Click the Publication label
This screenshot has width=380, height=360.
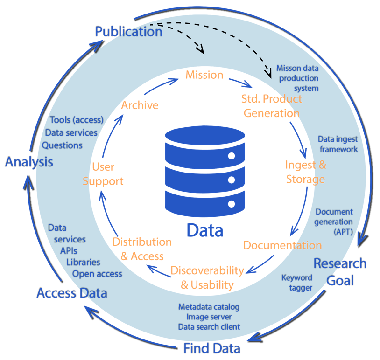click(128, 32)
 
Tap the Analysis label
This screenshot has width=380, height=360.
click(29, 162)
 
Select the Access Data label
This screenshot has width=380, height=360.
click(72, 293)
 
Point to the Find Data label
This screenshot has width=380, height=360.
click(211, 348)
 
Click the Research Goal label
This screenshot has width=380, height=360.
click(340, 272)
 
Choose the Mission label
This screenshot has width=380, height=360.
click(204, 75)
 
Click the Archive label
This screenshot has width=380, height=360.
click(140, 105)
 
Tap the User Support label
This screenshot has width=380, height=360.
click(103, 173)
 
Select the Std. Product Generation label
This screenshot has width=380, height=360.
click(271, 106)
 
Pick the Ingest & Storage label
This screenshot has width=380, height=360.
click(305, 172)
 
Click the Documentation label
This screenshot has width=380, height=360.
click(282, 245)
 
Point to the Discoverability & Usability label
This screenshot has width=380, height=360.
click(207, 277)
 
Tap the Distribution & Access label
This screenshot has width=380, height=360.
click(142, 249)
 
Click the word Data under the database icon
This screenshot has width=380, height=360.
click(205, 230)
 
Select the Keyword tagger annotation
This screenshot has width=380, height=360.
click(297, 283)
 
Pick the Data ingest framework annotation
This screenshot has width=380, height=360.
click(338, 144)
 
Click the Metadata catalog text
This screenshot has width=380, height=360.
click(209, 307)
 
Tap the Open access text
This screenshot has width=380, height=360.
click(97, 273)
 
